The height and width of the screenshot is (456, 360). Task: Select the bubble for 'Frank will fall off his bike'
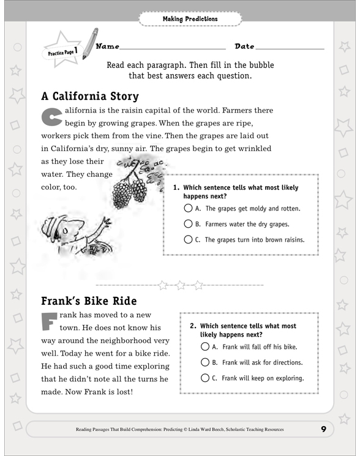pos(205,346)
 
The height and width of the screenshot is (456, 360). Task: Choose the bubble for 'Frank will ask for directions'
pos(205,362)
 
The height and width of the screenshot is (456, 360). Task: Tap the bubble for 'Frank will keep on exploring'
pos(205,378)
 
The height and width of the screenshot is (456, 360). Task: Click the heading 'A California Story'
pos(90,97)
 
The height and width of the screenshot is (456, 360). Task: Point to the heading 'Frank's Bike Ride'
pos(88,302)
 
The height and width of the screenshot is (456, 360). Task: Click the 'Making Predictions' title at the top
pos(190,19)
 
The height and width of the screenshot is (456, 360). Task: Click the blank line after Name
pos(173,47)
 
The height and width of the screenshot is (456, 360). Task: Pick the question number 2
pos(193,326)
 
